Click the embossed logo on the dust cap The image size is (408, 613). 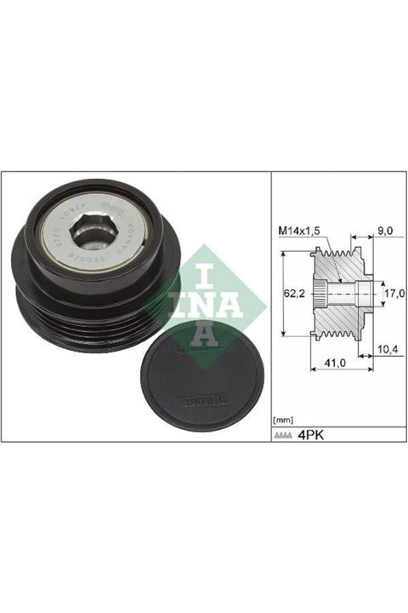(200, 398)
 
